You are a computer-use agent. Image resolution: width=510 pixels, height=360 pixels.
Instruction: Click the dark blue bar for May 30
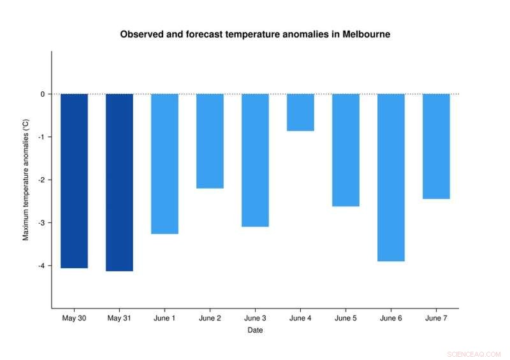coord(74,181)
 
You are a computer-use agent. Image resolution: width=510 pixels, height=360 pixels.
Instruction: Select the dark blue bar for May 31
coord(119,182)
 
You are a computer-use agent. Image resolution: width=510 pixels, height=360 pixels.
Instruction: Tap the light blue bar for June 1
coord(164,164)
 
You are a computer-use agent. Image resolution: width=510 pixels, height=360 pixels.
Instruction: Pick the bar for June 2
coord(210,141)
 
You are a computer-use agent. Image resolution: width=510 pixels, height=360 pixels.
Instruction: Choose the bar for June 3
coord(255,160)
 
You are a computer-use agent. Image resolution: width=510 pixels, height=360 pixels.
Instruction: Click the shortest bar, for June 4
coord(300,112)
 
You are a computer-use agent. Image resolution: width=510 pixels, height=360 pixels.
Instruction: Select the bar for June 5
coord(346,150)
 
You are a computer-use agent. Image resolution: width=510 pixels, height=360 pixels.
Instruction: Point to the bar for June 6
coord(391,177)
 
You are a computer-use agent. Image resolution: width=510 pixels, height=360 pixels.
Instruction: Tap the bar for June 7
coord(436,146)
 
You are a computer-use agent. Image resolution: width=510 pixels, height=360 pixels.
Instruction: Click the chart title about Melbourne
coord(255,34)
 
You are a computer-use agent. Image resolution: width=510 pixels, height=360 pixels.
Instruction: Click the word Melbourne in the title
coord(365,34)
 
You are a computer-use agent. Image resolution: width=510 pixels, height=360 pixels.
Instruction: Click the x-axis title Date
coord(255,330)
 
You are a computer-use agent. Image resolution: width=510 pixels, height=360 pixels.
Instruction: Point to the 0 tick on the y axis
coord(42,94)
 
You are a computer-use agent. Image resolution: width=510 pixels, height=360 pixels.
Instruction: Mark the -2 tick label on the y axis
coord(41,180)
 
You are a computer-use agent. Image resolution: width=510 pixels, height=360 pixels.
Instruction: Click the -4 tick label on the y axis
coord(41,266)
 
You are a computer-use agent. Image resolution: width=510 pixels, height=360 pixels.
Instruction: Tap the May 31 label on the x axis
coord(119,318)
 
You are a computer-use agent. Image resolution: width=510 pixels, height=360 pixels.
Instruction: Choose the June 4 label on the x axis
coord(300,318)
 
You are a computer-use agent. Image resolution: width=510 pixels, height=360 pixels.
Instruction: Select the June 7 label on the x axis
coord(436,318)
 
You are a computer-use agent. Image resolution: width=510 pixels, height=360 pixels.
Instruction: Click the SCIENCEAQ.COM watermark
coord(474,354)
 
